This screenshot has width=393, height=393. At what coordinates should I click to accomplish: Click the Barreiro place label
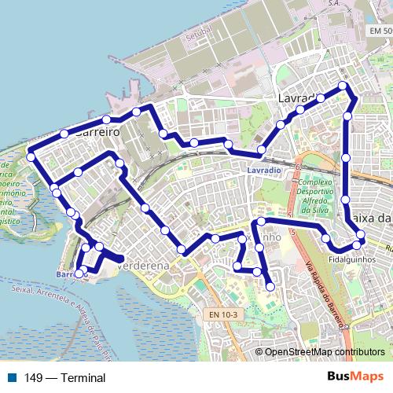[97, 133]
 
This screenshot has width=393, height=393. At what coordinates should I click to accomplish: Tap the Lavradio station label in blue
[263, 171]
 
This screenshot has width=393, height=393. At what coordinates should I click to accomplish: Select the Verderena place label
[143, 266]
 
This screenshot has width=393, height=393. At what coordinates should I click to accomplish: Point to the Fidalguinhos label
[351, 257]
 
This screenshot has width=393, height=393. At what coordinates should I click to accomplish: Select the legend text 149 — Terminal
[64, 377]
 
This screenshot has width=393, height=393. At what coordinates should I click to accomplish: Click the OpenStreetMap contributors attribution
[325, 352]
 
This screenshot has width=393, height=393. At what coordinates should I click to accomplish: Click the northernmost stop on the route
[343, 86]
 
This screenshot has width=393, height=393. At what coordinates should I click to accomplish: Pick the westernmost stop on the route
[31, 156]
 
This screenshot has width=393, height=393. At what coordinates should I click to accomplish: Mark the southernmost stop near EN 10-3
[270, 286]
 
